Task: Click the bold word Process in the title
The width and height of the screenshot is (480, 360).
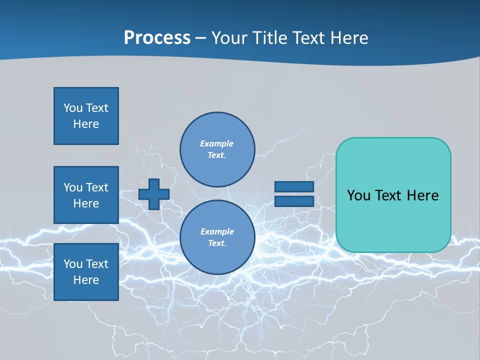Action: pyautogui.click(x=157, y=38)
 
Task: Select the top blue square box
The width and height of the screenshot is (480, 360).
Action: pyautogui.click(x=86, y=116)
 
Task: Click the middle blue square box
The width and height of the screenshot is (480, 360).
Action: pyautogui.click(x=86, y=195)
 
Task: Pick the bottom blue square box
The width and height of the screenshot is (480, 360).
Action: pyautogui.click(x=86, y=272)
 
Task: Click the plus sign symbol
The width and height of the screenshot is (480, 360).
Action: pyautogui.click(x=154, y=194)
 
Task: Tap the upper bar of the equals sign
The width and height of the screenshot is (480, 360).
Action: pyautogui.click(x=294, y=186)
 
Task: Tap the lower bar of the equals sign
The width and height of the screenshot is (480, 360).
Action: pyautogui.click(x=294, y=201)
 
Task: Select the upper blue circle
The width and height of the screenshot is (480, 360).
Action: pyautogui.click(x=217, y=149)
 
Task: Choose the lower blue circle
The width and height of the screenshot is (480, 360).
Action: pyautogui.click(x=217, y=237)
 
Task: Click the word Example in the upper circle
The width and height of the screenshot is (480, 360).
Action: pyautogui.click(x=216, y=143)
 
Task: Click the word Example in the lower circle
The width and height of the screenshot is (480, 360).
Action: pyautogui.click(x=217, y=231)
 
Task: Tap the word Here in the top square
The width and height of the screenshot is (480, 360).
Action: pyautogui.click(x=86, y=124)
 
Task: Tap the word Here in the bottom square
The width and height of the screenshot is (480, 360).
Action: pyautogui.click(x=86, y=280)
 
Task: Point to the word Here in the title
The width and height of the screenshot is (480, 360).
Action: pyautogui.click(x=350, y=38)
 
